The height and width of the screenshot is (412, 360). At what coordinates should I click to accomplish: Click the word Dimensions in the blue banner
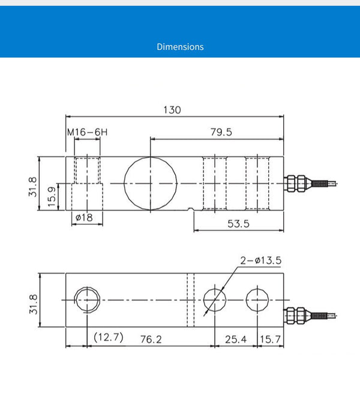pos(180,47)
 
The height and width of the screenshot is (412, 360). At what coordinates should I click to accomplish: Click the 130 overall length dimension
pos(172,110)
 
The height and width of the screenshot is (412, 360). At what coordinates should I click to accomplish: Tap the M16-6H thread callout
pos(88,132)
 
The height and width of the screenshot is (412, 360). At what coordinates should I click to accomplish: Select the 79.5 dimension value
pos(221,132)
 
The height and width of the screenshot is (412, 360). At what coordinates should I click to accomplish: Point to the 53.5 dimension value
pos(238,224)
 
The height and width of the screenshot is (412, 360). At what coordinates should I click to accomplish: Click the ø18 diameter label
pos(84,217)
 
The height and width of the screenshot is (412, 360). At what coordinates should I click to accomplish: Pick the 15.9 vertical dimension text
pos(52,197)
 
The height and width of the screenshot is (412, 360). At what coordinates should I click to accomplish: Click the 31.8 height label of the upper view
pos(33,187)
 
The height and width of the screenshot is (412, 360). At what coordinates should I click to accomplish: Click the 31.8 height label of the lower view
pos(33,304)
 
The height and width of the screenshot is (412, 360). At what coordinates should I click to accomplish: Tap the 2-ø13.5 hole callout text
pos(261,260)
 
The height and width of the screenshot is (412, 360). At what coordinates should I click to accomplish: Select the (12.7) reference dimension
pos(109,337)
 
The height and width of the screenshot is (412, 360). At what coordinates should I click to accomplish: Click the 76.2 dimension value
pos(151,339)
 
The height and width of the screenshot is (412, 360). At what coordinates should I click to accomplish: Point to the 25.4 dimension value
pos(236,339)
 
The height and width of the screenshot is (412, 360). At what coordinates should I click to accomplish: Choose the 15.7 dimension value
pos(271,339)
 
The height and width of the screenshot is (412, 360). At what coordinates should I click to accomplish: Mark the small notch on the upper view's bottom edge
pos(191,209)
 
